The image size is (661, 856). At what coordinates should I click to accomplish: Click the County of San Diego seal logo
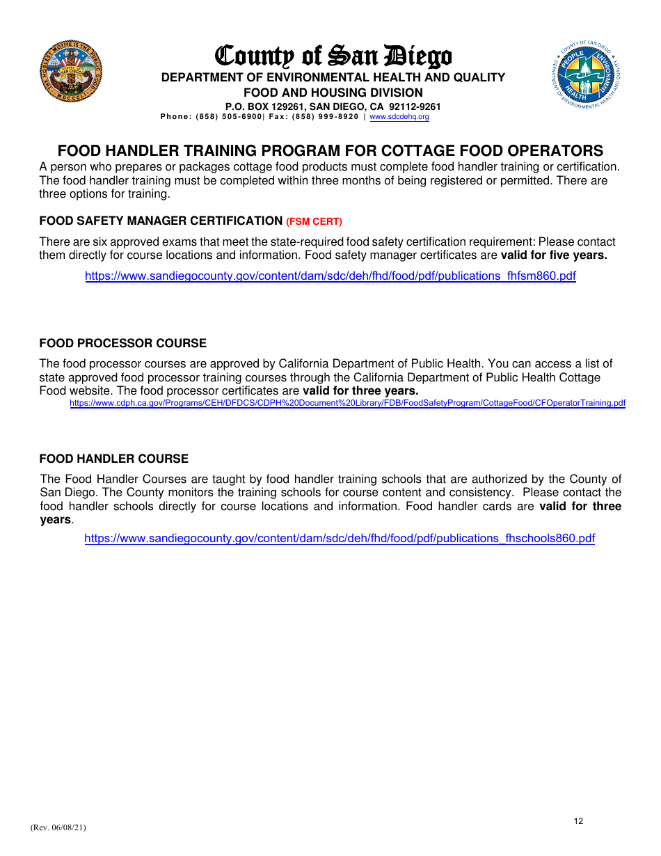point(70,71)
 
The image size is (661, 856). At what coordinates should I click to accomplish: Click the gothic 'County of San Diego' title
point(333,56)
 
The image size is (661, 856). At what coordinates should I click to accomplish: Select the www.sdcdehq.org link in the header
point(399,117)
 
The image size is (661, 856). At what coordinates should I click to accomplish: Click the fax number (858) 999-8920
point(325,117)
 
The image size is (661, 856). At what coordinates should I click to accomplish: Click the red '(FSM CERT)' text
point(314,222)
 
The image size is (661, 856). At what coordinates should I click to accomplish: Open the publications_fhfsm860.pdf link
point(330,276)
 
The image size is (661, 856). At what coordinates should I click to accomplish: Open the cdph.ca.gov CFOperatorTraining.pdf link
point(347,403)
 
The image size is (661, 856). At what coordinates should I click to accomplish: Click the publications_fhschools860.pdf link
point(339,538)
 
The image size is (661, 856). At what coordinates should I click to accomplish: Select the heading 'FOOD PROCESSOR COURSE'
point(122,343)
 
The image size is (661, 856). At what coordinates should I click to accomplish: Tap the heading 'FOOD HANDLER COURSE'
point(113,459)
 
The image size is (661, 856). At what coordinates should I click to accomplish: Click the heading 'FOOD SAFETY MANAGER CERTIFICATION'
point(161,221)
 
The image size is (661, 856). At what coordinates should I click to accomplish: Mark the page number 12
point(578,821)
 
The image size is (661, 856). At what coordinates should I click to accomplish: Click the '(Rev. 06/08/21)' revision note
point(58,827)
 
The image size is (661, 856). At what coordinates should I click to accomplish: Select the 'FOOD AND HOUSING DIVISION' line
point(333,93)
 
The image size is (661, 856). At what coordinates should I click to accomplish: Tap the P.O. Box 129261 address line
point(333,106)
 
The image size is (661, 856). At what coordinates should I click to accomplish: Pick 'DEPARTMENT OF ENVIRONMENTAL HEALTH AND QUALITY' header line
point(333,77)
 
